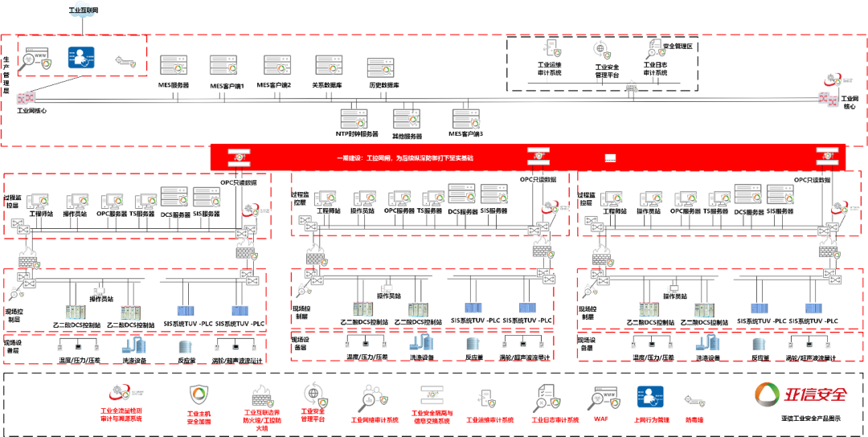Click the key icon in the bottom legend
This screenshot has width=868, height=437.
coord(694,399)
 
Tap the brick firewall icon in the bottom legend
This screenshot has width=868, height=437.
coord(261,397)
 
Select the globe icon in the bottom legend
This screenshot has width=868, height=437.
coord(313,394)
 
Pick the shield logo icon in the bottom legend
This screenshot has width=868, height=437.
coord(198,394)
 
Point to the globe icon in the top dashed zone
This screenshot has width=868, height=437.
coord(601,50)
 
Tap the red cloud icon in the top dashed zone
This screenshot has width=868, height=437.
coord(833,79)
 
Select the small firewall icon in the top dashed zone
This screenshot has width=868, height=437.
coord(633,87)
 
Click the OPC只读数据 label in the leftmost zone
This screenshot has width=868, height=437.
coord(239,182)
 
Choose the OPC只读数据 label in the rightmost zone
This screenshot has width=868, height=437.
coord(813,180)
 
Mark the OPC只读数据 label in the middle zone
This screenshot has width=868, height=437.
coord(538,179)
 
